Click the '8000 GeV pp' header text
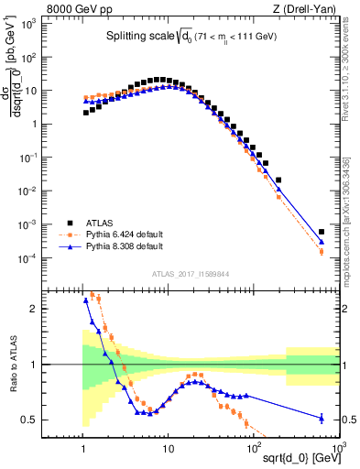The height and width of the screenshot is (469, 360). [x=74, y=8]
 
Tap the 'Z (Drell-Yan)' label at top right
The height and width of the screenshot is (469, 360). [x=309, y=8]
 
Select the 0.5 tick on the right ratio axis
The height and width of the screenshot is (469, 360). [x=350, y=420]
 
